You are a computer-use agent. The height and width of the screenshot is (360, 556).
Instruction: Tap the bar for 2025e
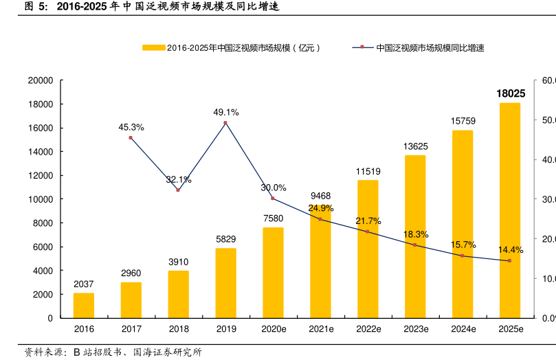[x=509, y=210]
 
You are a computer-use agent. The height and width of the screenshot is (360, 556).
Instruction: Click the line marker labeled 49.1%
[x=225, y=123]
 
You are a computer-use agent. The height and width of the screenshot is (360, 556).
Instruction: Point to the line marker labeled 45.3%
[x=131, y=138]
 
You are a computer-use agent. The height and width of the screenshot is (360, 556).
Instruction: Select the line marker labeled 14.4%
[x=509, y=260]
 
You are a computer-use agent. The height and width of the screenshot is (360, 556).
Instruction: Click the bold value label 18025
[x=511, y=93]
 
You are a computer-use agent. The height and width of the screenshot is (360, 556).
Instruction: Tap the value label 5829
[x=225, y=239]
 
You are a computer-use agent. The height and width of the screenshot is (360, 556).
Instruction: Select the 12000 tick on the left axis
[x=41, y=175]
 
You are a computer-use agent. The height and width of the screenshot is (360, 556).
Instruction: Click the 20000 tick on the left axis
[x=41, y=80]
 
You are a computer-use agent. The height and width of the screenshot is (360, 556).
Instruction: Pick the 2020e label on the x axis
[x=273, y=330]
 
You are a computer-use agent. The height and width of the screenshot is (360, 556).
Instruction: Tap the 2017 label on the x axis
[x=131, y=330]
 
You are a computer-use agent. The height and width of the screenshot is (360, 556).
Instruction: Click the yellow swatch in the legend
[x=153, y=48]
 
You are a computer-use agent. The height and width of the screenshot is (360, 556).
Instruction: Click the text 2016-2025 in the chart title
[x=78, y=8]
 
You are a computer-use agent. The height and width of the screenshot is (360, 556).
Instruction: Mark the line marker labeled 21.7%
[x=368, y=232]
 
